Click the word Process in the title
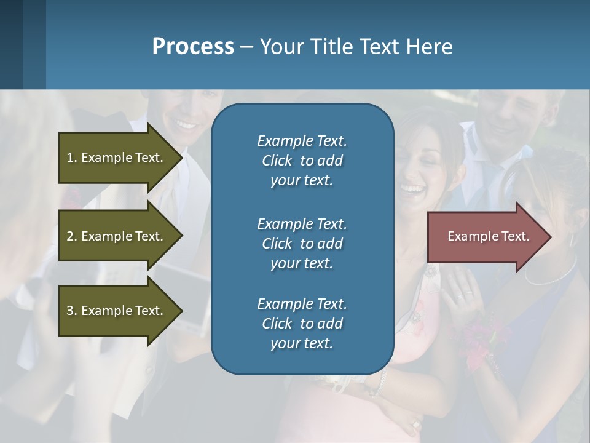coord(193,47)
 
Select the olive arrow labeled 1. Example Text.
coord(117,158)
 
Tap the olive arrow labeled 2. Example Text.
coord(117,236)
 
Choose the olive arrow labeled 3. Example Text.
coord(117,311)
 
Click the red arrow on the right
coord(486,237)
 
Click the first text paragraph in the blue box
coord(302,161)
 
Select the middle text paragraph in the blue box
coord(302,244)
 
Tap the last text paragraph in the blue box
coord(302,324)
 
